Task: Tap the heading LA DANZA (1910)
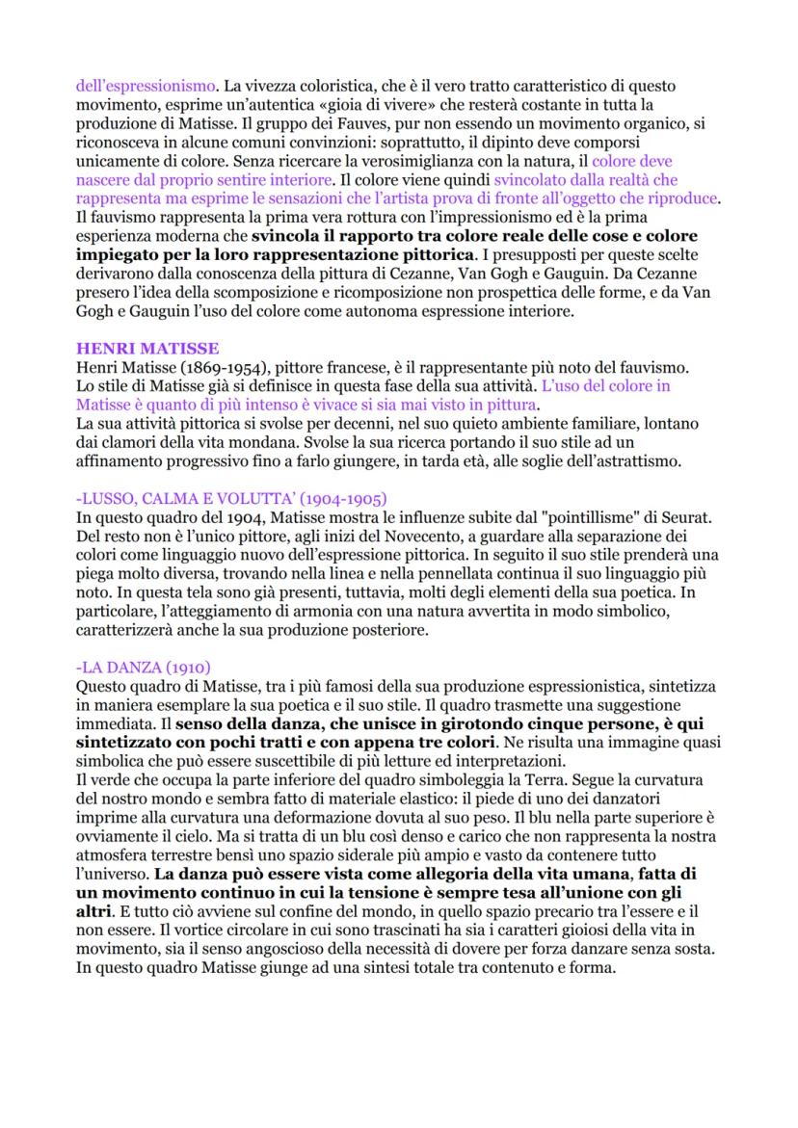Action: (145, 667)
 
